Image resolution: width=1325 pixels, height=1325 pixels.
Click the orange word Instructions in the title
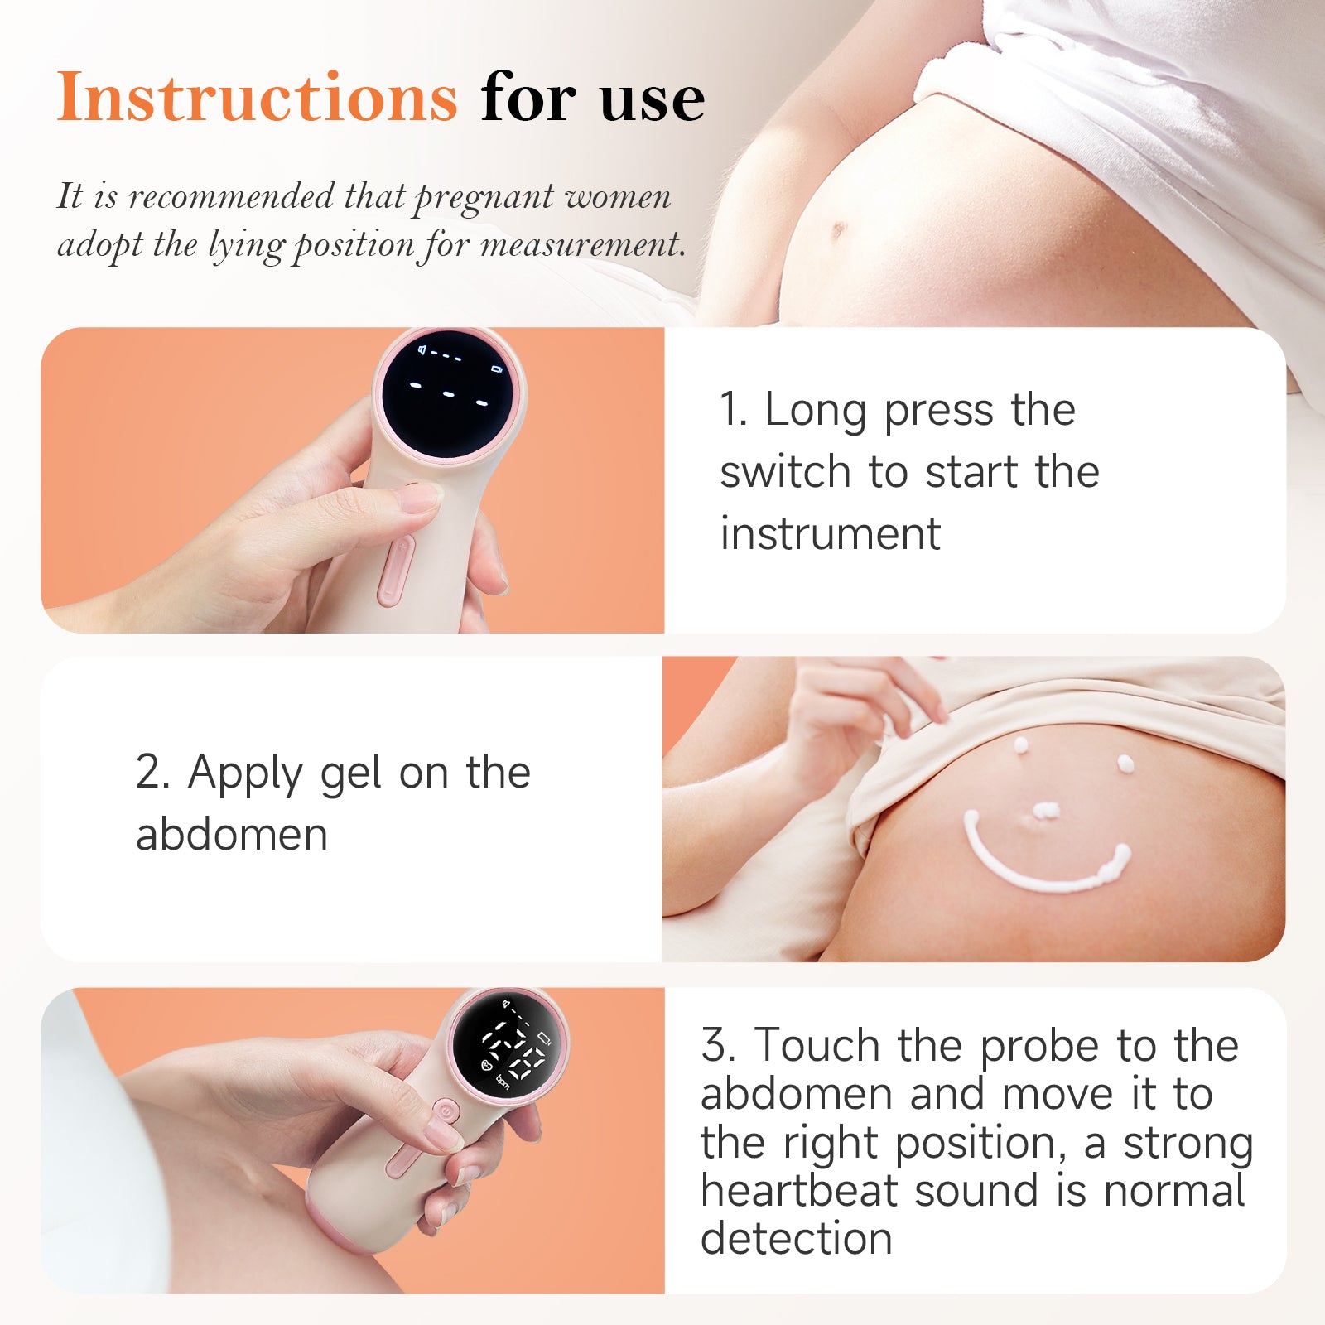point(257,98)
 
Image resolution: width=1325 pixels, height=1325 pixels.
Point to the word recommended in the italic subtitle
point(231,197)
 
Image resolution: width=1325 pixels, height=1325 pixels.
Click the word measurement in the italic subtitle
point(581,245)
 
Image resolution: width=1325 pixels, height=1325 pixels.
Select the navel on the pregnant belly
point(839,229)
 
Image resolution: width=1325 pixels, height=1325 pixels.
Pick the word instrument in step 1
point(830,533)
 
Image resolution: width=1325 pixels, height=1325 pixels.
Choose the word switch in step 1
point(785,472)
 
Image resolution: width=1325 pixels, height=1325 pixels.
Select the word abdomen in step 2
point(232,835)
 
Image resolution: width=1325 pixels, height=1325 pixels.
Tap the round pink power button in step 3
point(446,1111)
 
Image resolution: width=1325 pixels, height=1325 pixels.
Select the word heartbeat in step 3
point(799,1191)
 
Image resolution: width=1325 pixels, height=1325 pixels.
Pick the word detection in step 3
point(797,1239)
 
